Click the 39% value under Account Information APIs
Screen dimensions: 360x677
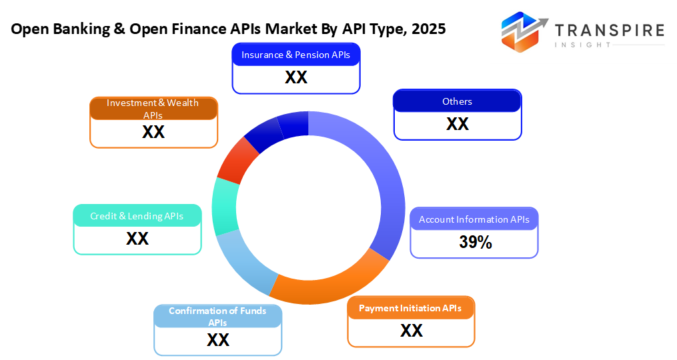coord(475,243)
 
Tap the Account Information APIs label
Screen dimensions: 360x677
coord(474,219)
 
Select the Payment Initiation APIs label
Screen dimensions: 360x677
coord(410,308)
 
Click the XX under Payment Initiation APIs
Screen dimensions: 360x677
coord(411,331)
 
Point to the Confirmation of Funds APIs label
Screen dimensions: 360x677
coord(217,316)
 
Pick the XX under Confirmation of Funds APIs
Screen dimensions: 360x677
coord(218,340)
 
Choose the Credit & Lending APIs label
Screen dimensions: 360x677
coord(137,216)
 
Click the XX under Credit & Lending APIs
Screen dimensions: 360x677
coord(137,239)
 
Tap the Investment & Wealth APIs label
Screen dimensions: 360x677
coord(153,108)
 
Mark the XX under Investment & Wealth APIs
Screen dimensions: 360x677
coord(153,132)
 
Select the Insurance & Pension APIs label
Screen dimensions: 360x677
coord(295,55)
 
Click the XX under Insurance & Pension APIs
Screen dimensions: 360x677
coord(295,77)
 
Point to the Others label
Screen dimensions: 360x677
coord(457,101)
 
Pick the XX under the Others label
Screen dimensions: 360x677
coord(458,124)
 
